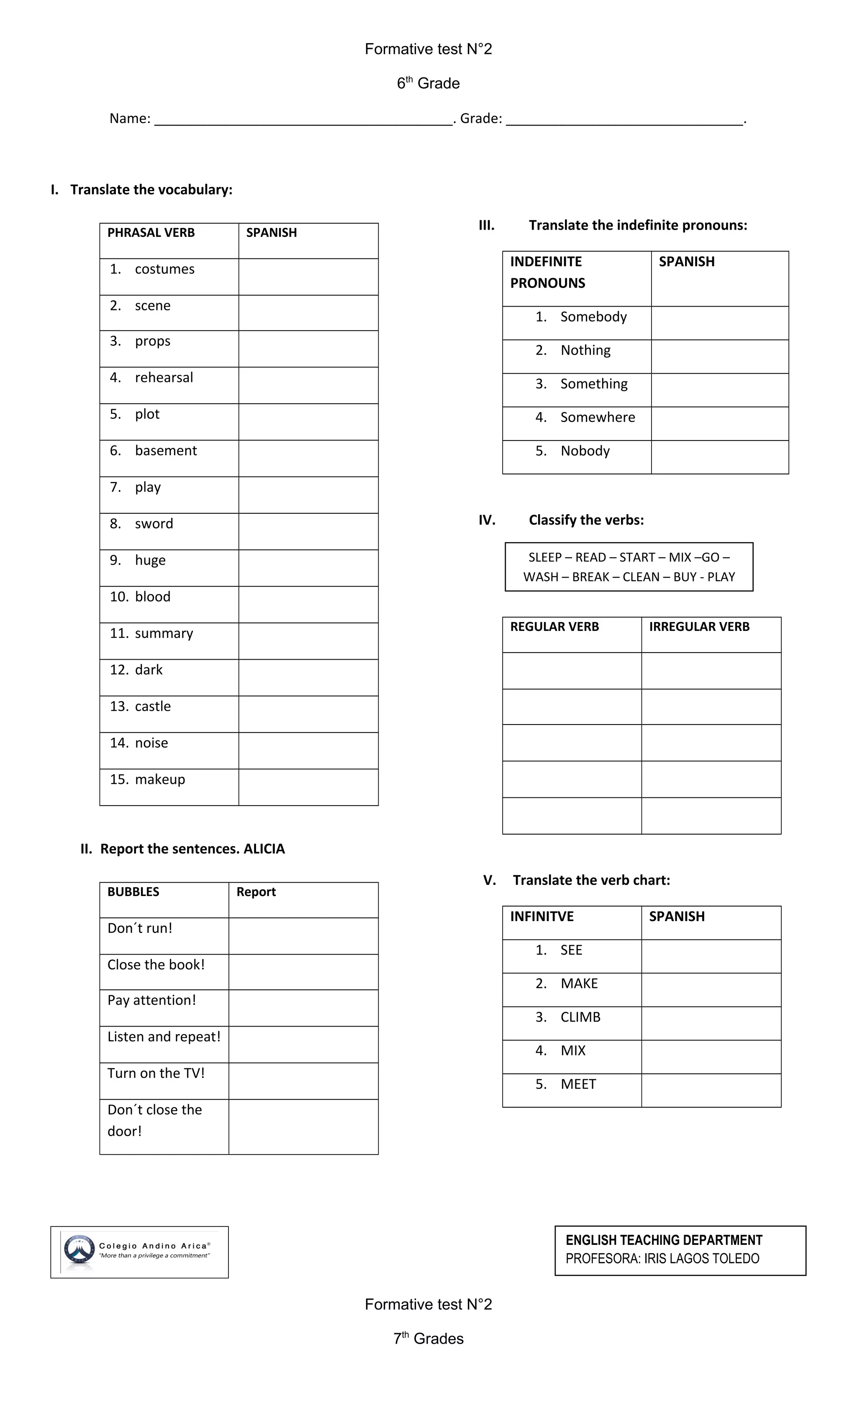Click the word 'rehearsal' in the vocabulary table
(x=164, y=378)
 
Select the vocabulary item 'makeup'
(x=160, y=779)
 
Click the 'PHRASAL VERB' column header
(x=151, y=233)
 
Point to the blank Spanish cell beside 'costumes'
(x=308, y=277)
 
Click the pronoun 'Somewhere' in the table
(x=598, y=417)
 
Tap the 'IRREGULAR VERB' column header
(x=699, y=627)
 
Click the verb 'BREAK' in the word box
(x=590, y=577)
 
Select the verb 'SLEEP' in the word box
(x=545, y=558)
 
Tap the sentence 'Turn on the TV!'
(x=156, y=1073)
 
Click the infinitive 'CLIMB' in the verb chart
(x=580, y=1017)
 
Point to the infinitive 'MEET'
(x=578, y=1084)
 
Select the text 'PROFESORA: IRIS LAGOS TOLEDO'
(x=662, y=1259)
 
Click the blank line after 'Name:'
(x=304, y=120)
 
